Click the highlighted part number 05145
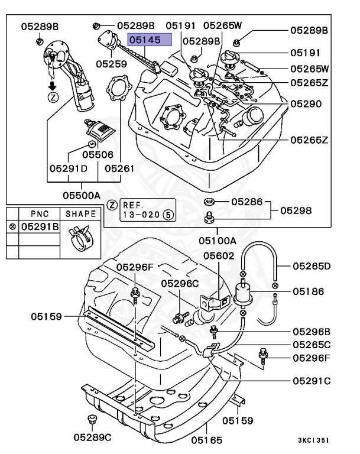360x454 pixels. [x=150, y=40]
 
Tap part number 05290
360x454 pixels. [x=306, y=103]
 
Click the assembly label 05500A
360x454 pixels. [x=82, y=194]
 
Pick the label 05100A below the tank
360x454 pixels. [x=217, y=241]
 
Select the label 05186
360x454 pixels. [x=308, y=291]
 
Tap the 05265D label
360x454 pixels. [x=312, y=266]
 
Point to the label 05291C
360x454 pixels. [x=312, y=381]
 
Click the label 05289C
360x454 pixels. [x=92, y=438]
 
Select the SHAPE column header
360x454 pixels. [x=81, y=213]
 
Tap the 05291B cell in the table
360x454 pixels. [x=40, y=226]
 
